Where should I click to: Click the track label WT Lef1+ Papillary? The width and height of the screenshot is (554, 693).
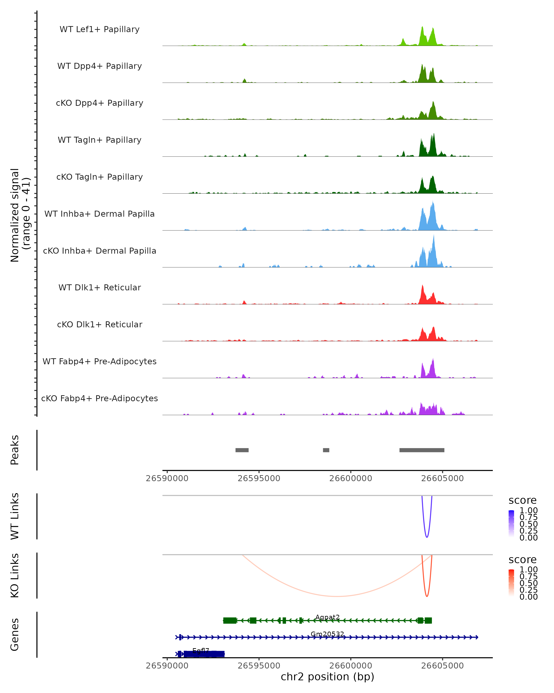[99, 29]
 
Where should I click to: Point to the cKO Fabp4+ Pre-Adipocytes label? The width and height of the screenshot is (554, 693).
[99, 398]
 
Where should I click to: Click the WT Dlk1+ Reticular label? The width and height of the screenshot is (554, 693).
[99, 287]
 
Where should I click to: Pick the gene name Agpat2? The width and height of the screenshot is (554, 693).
[327, 617]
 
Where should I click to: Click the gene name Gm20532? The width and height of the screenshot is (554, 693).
[327, 634]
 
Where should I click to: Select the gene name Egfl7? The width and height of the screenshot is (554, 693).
[201, 651]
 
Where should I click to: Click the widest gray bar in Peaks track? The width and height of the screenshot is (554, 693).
[422, 450]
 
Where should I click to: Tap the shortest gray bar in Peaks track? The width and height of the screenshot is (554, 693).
[326, 450]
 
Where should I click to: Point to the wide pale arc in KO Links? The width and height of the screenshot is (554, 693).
[336, 596]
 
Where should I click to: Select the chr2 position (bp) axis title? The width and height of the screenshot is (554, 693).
[327, 677]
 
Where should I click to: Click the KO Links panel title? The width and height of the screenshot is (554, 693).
[15, 575]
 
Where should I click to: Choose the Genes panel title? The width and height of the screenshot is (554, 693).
[15, 635]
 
